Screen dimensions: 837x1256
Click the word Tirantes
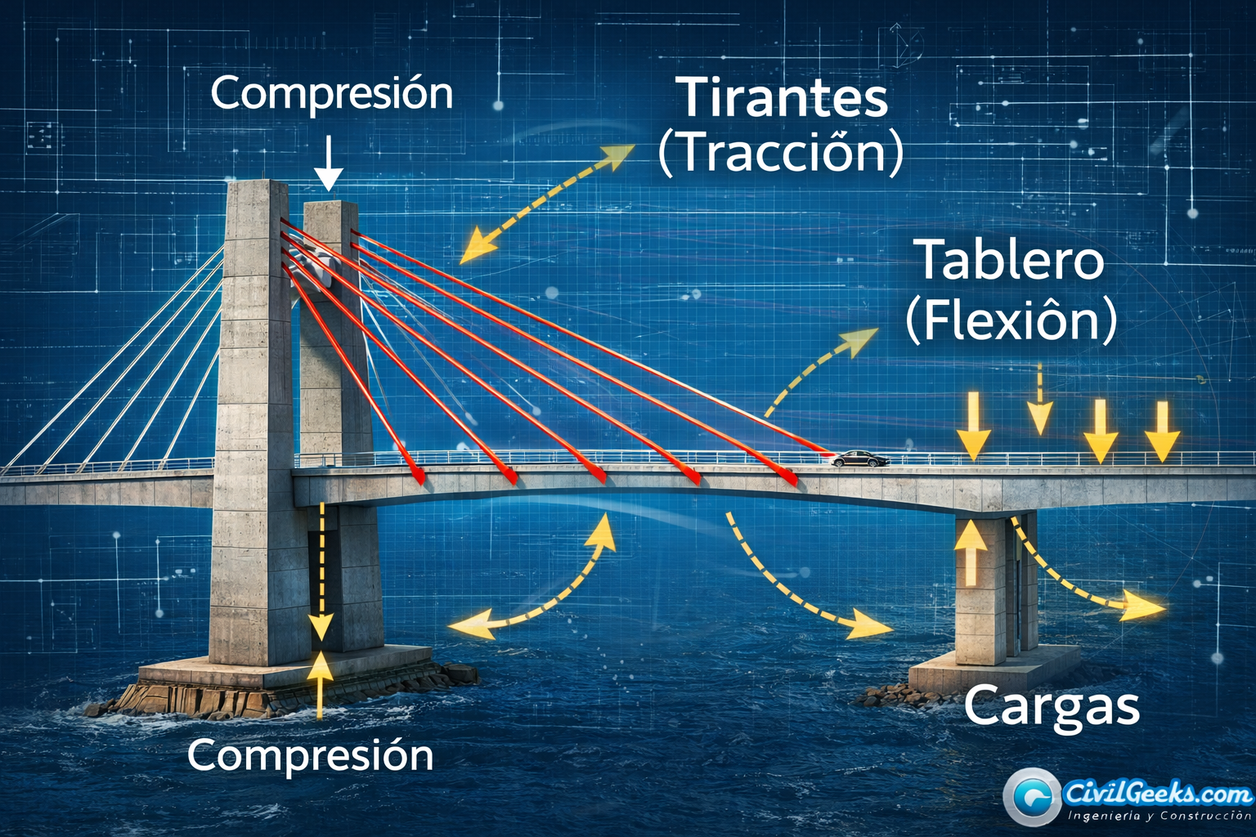(x=783, y=98)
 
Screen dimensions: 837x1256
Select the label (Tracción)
(x=781, y=152)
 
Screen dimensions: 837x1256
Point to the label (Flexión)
(x=1011, y=320)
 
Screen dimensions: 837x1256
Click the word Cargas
(x=1052, y=706)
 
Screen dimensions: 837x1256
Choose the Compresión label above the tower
(x=331, y=93)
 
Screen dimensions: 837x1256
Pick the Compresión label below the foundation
(x=310, y=755)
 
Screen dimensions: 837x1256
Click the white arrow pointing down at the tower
(x=329, y=163)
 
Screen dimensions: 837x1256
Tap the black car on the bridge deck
(x=860, y=459)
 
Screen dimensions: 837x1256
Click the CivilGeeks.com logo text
(x=1156, y=793)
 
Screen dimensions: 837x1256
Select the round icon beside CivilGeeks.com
(x=1032, y=796)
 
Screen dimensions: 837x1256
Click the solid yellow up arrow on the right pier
(x=971, y=552)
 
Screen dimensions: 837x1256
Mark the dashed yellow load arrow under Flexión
(x=1039, y=401)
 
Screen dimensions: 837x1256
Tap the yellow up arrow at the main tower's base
(x=321, y=683)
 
